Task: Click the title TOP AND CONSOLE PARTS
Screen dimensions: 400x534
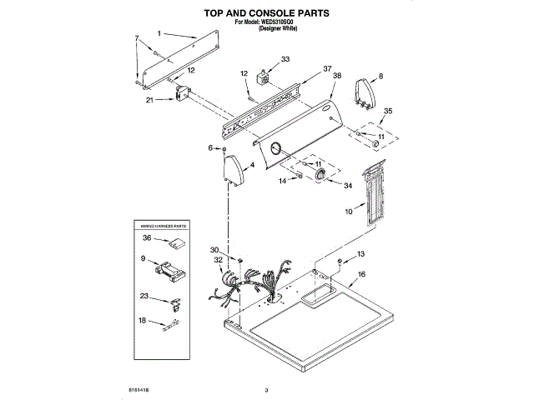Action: pyautogui.click(x=266, y=13)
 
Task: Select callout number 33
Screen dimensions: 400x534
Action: pyautogui.click(x=285, y=59)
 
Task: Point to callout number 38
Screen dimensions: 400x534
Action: pyautogui.click(x=337, y=76)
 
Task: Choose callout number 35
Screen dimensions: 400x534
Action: pyautogui.click(x=386, y=111)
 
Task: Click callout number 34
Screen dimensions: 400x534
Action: pyautogui.click(x=349, y=185)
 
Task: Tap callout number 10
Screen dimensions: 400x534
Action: pyautogui.click(x=348, y=212)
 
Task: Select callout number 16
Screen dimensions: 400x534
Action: pyautogui.click(x=361, y=273)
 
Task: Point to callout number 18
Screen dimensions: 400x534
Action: pyautogui.click(x=142, y=320)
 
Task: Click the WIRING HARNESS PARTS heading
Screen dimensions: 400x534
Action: pyautogui.click(x=163, y=226)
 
